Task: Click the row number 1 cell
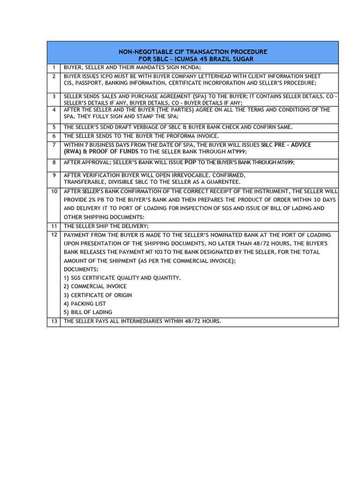pyautogui.click(x=53, y=67)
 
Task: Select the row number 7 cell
pyautogui.click(x=53, y=145)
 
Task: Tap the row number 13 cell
pyautogui.click(x=53, y=321)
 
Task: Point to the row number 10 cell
pyautogui.click(x=53, y=191)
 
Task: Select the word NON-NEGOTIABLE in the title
pyautogui.click(x=140, y=51)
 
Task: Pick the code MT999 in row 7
pyautogui.click(x=235, y=152)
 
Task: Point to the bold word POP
pyautogui.click(x=191, y=162)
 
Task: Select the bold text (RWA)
pyautogui.click(x=74, y=151)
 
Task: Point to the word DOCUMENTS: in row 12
pyautogui.click(x=81, y=269)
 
